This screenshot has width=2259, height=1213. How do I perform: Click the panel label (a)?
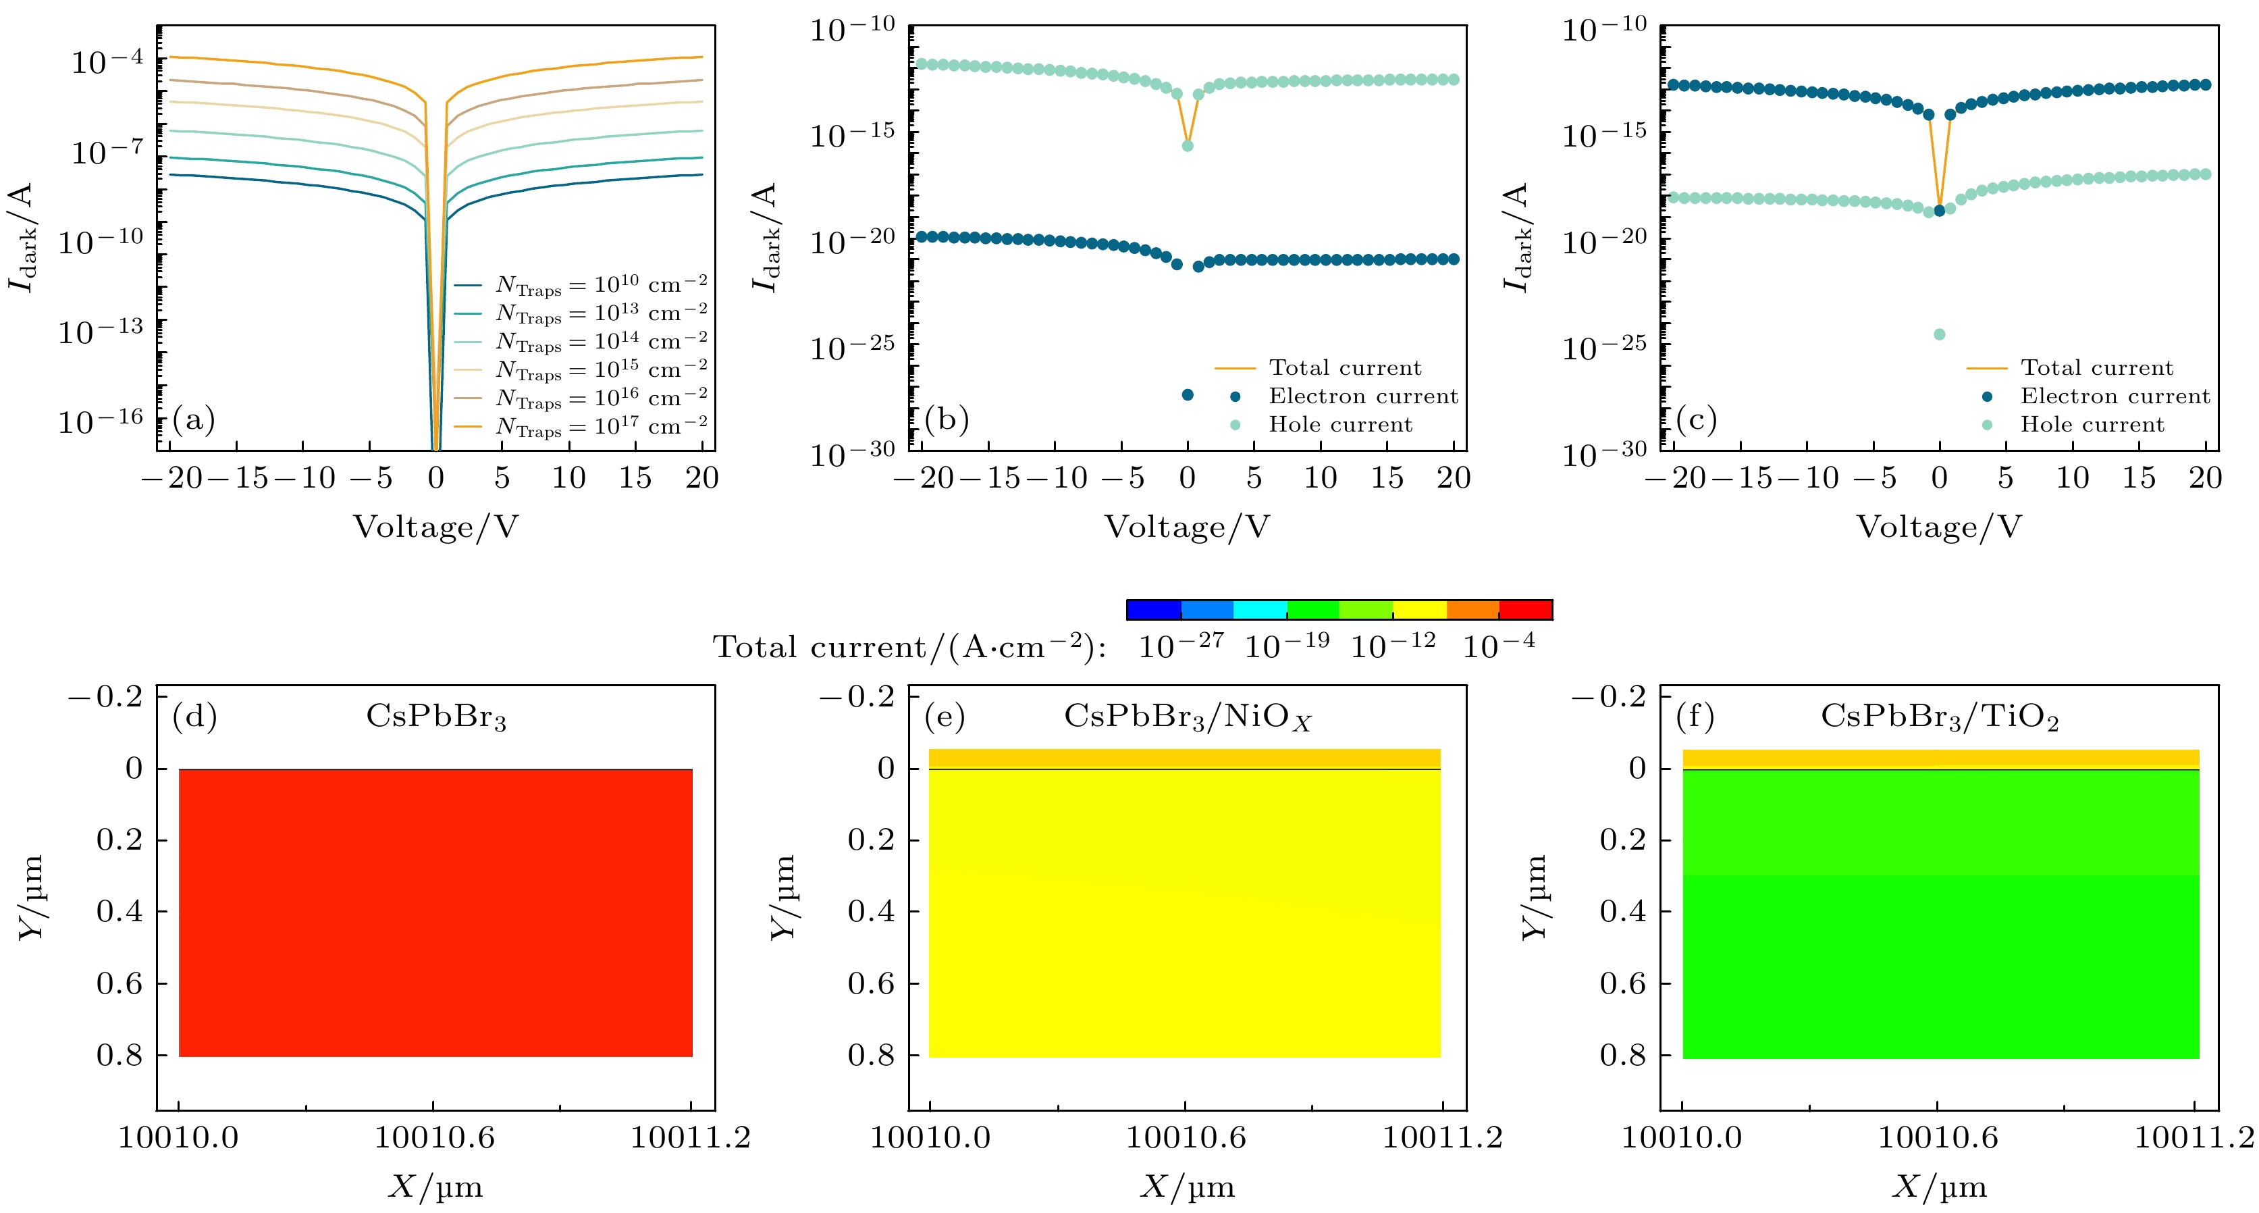pos(193,419)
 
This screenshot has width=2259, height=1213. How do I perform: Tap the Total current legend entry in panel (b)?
pos(1344,367)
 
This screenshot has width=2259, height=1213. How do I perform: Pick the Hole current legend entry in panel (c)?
pos(2092,425)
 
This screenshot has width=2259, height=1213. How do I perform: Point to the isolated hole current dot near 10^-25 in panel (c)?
pos(1939,334)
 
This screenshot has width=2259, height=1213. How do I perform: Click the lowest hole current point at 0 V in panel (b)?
pos(1188,146)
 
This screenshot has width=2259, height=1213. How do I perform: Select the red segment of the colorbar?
pos(1526,610)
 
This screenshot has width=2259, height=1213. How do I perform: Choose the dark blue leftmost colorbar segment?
pos(1153,610)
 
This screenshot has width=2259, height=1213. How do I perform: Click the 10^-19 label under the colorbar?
pos(1287,646)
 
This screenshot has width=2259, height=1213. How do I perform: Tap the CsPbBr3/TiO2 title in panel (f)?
pos(1939,717)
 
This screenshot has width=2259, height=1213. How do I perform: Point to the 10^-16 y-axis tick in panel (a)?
pos(100,421)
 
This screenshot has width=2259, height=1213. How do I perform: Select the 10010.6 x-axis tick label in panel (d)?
pos(434,1137)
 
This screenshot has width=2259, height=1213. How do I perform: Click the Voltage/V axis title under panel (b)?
pos(1186,527)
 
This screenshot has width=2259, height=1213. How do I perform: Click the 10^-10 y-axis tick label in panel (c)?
pos(1604,30)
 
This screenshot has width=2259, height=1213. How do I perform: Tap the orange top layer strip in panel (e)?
pos(1184,758)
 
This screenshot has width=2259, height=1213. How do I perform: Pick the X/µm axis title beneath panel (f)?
pos(1939,1187)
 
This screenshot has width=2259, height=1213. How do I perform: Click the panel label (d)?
pos(194,717)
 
